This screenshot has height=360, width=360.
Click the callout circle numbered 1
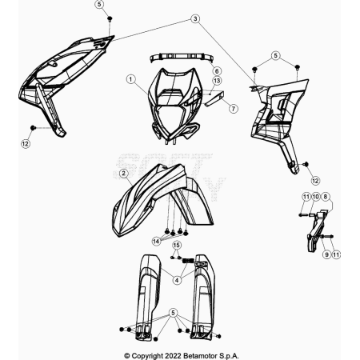[130, 79]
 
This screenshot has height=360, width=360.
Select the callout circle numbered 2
[123, 174]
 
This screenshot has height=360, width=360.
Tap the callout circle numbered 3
[195, 19]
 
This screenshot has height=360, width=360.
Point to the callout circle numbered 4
[177, 280]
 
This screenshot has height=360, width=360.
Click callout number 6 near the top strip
[217, 71]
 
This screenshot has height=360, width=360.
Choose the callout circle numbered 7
[234, 109]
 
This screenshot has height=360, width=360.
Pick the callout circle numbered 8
[325, 197]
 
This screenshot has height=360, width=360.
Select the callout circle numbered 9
[326, 254]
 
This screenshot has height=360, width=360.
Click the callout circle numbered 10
[315, 197]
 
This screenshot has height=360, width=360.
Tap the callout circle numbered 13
[217, 80]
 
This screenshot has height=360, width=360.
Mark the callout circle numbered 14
[156, 242]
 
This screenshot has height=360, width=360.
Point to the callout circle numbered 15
[176, 245]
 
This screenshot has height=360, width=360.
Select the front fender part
[162, 200]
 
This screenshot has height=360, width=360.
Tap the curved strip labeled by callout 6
[182, 58]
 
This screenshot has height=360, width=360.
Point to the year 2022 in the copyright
[174, 356]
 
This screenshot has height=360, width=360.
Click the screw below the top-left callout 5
[110, 18]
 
